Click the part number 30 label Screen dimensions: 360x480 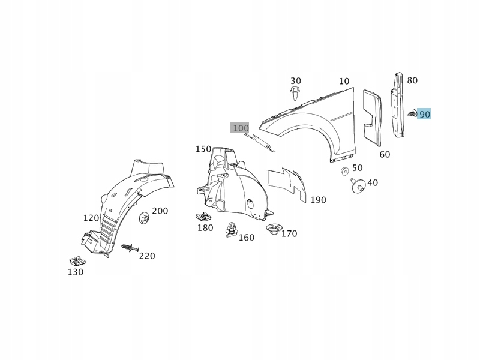pyautogui.click(x=296, y=81)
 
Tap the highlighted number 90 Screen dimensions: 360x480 pyautogui.click(x=425, y=114)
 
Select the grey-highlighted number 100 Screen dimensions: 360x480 pyautogui.click(x=240, y=128)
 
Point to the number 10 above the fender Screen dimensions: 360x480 pyautogui.click(x=344, y=82)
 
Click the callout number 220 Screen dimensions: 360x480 pyautogui.click(x=147, y=256)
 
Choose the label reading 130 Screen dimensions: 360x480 pyautogui.click(x=75, y=272)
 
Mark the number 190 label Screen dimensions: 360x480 pyautogui.click(x=318, y=200)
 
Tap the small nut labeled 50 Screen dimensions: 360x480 pyautogui.click(x=345, y=172)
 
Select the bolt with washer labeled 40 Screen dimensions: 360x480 pyautogui.click(x=358, y=187)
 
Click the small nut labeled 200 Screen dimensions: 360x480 pyautogui.click(x=145, y=218)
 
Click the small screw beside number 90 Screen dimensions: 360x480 pyautogui.click(x=412, y=113)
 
